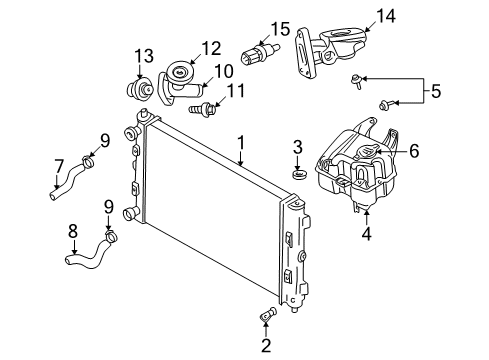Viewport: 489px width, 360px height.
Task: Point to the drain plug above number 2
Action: [267, 318]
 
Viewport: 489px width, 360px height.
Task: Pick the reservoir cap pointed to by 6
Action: [368, 155]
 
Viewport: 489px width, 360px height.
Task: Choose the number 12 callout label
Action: [210, 48]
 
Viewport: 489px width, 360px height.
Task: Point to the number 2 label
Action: [265, 347]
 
